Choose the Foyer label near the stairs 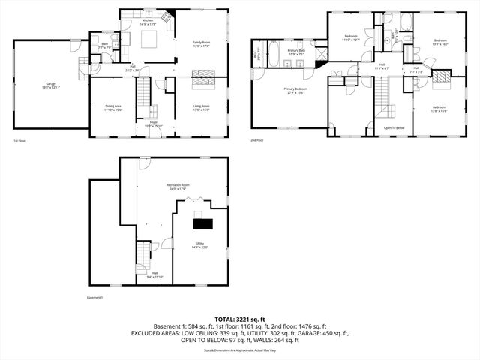point(153,123)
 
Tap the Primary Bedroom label point(295,90)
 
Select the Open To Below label point(394,127)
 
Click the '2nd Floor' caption point(257,140)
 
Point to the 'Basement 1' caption point(95,297)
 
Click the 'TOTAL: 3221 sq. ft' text point(239,319)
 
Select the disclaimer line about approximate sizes point(239,349)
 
